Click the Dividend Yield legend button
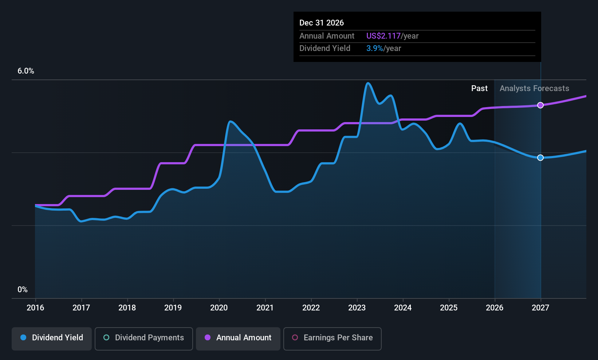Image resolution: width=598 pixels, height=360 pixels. coord(51,339)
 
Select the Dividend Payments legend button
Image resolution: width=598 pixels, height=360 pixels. coord(143,339)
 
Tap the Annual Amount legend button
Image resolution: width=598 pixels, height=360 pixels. coord(238,339)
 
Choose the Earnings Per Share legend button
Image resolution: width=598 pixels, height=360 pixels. coord(333,339)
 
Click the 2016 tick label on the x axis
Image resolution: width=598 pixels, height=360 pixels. coord(35,308)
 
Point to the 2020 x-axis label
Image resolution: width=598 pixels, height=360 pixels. coord(219,308)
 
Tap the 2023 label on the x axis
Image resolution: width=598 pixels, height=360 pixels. coord(357,308)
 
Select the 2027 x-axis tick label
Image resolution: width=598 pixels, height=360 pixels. coord(540,308)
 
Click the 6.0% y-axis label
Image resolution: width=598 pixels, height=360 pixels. coord(25,71)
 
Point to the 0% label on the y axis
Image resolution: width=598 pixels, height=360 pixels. coord(23,290)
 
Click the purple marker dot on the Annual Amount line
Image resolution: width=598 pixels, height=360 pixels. coord(540,105)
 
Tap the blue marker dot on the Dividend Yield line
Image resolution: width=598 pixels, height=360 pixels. coord(540,158)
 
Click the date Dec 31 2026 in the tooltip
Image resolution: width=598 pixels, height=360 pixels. coord(322,23)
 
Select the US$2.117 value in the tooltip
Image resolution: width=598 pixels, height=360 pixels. coord(383,36)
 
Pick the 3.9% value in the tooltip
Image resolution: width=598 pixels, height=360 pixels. coord(374,48)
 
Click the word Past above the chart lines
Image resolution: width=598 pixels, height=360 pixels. coord(480,89)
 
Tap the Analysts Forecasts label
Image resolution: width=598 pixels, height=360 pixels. coord(534,89)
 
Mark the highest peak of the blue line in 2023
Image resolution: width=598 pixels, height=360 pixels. coord(368,83)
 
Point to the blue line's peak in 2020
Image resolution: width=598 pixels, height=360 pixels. coord(230,121)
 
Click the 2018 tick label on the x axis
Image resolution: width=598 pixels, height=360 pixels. coord(127,308)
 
